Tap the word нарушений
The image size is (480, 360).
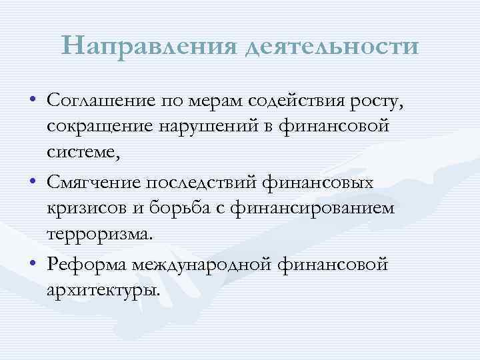click(198, 127)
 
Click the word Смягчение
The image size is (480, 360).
click(93, 182)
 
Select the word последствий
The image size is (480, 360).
click(196, 182)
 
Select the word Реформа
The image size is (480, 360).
click(88, 264)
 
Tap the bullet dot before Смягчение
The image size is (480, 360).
click(33, 183)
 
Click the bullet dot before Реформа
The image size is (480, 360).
click(33, 265)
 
